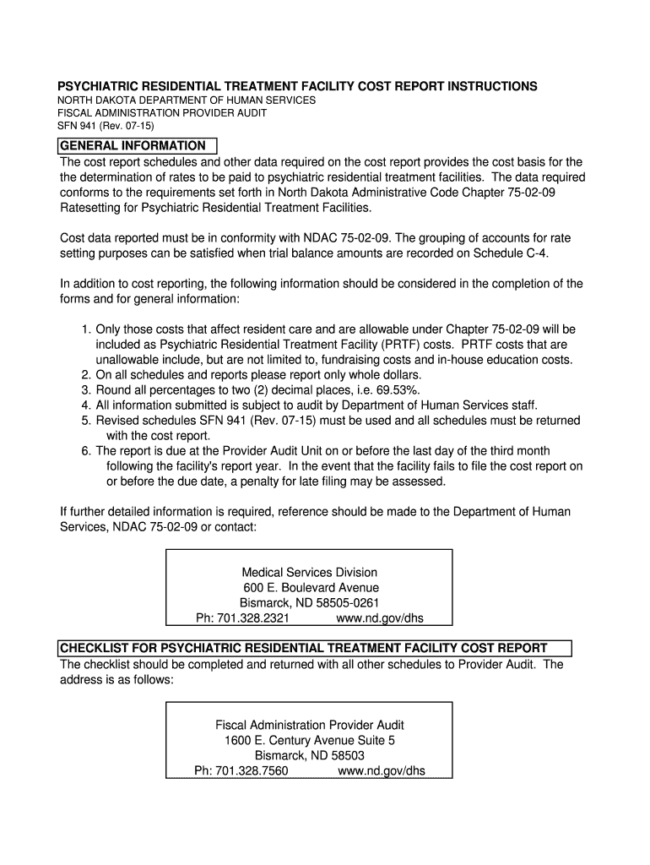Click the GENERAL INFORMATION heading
coord(133,146)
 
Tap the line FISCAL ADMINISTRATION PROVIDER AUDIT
coord(162,112)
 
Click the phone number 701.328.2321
coord(243,617)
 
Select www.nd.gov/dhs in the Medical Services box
coord(380,617)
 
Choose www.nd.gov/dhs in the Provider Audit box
coord(382,771)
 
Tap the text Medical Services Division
coord(309,572)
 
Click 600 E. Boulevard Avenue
coord(311,587)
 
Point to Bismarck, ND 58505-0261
coord(309,602)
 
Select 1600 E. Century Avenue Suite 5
coord(309,741)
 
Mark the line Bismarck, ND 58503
coord(309,756)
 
